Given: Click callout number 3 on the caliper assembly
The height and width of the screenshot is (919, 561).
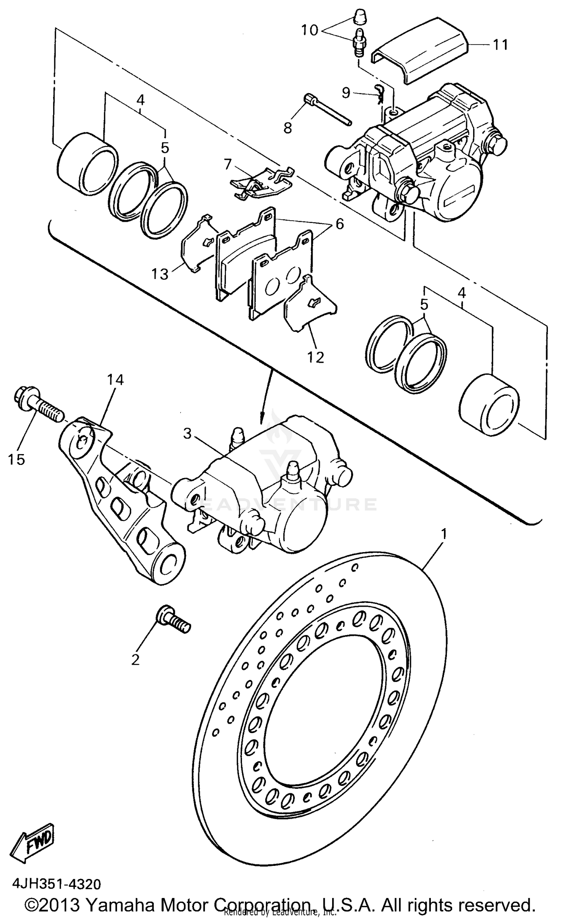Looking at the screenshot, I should (187, 434).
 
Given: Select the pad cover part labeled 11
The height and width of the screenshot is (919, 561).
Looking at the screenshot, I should (419, 50).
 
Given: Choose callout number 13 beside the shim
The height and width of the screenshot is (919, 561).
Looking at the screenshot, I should (160, 274).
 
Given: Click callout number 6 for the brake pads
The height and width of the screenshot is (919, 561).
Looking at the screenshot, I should (339, 224).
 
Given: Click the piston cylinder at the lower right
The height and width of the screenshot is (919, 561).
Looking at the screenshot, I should (488, 404).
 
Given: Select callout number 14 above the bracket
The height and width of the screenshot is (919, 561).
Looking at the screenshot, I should (115, 380).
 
